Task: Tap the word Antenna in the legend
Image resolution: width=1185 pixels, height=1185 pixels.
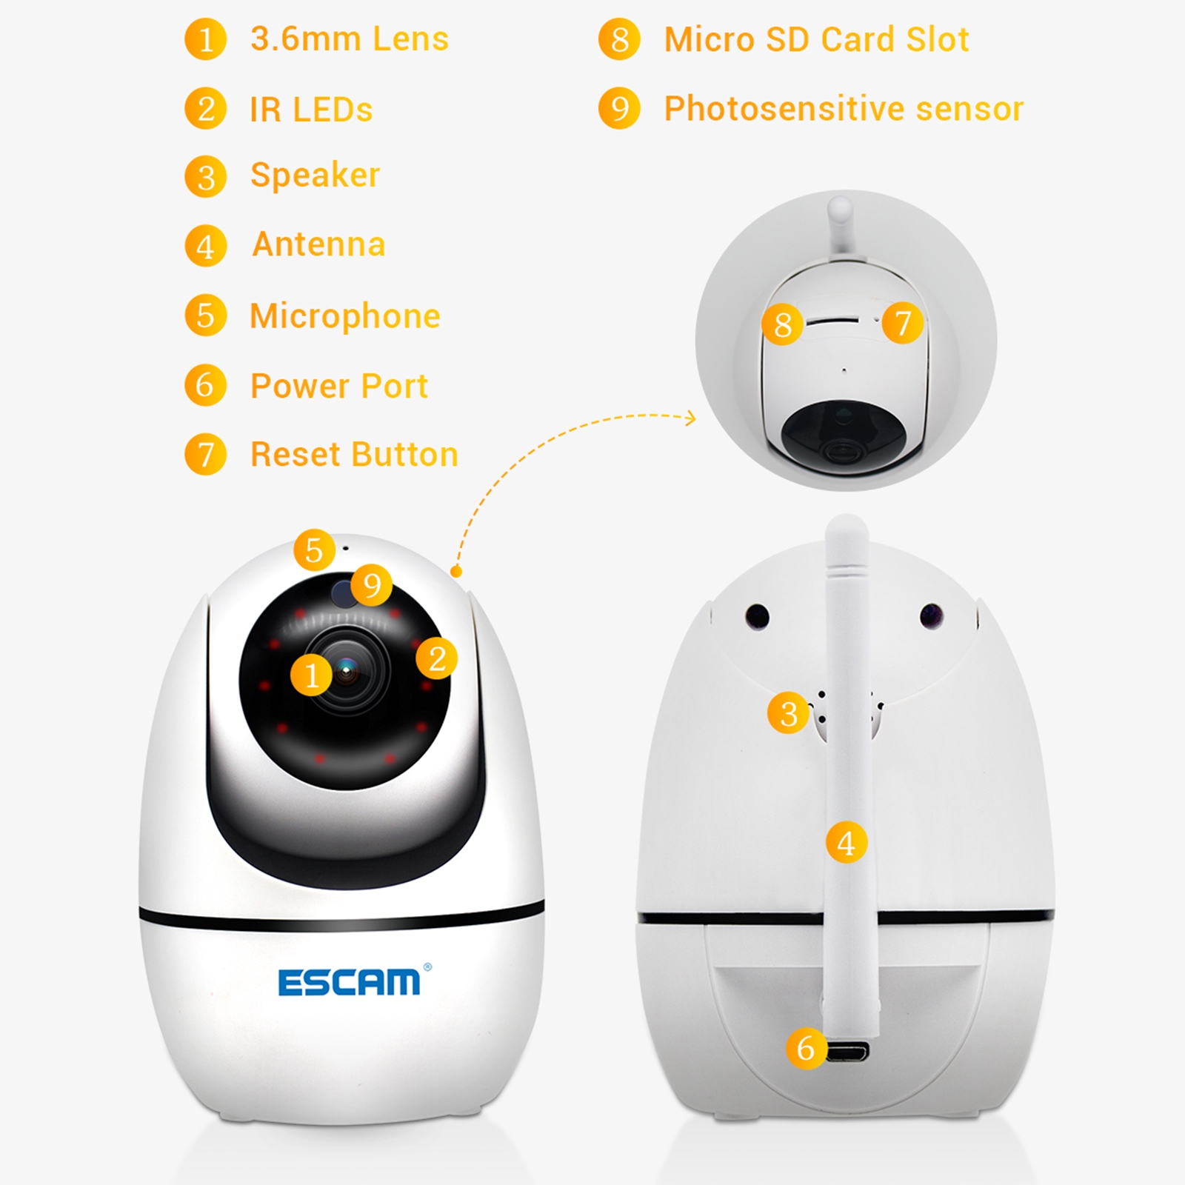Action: tap(319, 244)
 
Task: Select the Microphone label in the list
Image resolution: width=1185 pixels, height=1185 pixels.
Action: tap(345, 316)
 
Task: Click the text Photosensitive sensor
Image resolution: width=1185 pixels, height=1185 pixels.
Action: tap(844, 109)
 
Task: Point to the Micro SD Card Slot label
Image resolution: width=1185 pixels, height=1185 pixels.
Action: tap(817, 39)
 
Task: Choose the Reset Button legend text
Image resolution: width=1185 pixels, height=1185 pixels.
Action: tap(354, 454)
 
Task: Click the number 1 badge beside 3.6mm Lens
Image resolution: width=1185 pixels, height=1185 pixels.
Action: tap(206, 39)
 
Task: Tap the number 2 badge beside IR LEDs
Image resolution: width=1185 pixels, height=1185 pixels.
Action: tap(206, 109)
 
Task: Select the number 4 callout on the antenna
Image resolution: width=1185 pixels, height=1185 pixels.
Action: tap(847, 842)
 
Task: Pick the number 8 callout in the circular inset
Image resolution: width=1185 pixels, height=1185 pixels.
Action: tap(783, 324)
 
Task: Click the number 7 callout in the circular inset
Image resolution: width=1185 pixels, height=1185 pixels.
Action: tap(903, 322)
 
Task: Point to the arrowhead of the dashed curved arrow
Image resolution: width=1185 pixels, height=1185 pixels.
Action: tap(692, 418)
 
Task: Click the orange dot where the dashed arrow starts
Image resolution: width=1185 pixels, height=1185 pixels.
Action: tap(457, 571)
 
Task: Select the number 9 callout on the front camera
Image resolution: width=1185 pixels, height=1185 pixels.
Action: tap(372, 584)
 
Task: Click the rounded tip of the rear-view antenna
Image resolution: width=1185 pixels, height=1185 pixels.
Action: tap(847, 523)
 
